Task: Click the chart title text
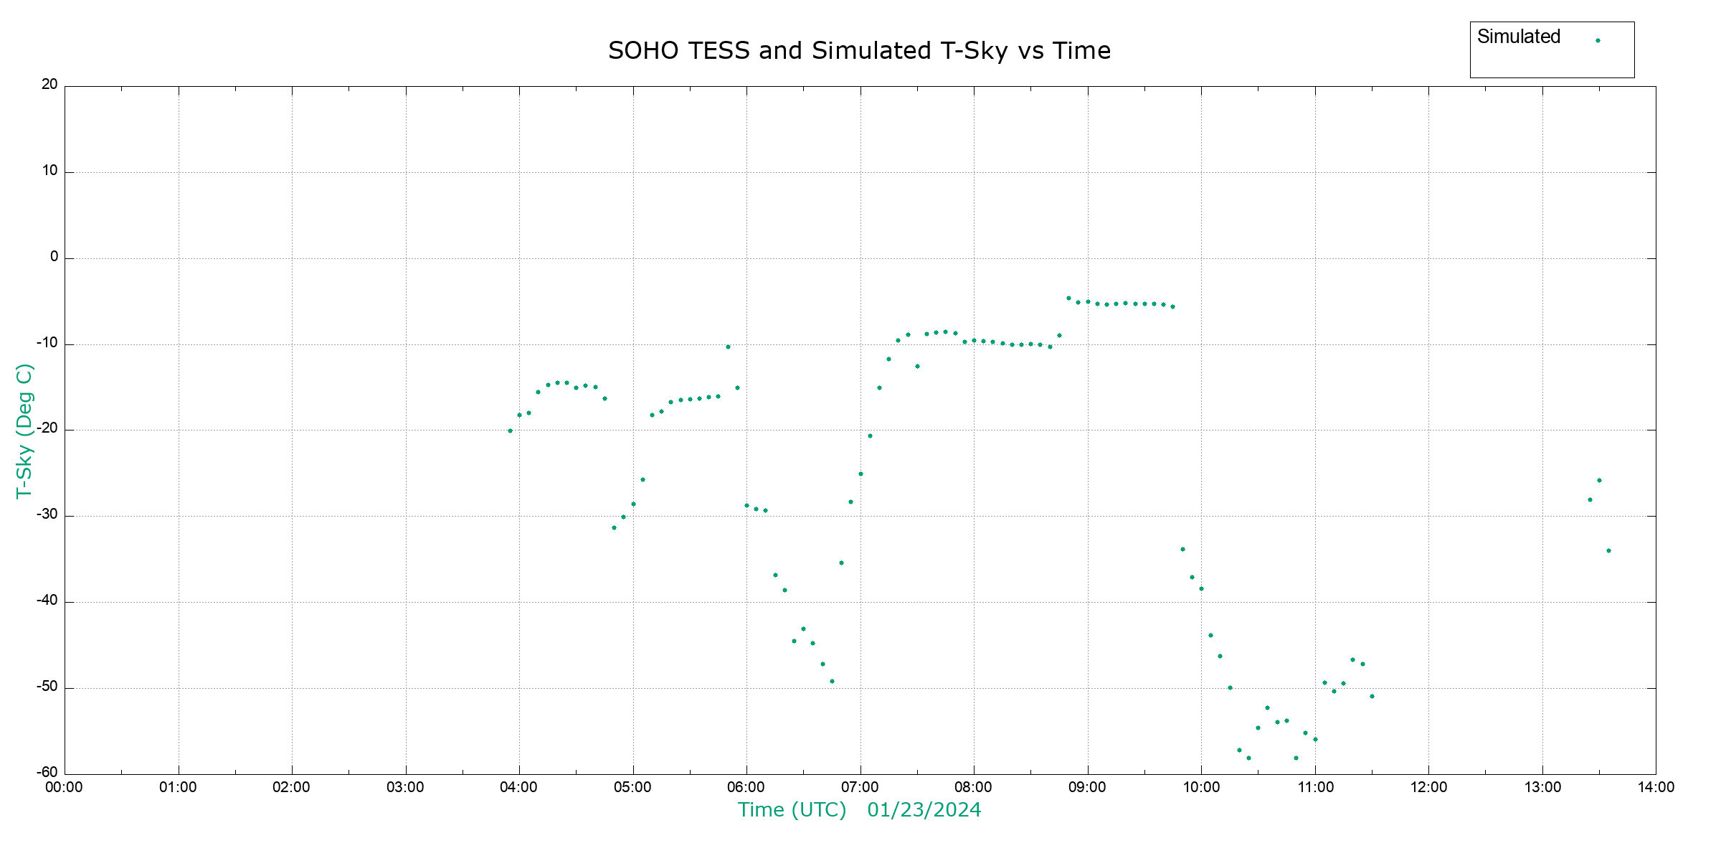pos(859,51)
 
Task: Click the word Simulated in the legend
pos(1518,37)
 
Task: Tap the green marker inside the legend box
pos(1598,41)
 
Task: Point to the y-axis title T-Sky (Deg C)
pos(24,430)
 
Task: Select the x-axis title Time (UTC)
pos(792,810)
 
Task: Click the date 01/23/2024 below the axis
pos(924,810)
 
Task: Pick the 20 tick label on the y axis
pos(49,85)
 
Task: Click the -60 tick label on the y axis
pos(47,773)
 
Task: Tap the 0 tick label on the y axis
pos(54,257)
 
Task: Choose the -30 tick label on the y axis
pos(47,514)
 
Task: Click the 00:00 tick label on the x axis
pos(65,788)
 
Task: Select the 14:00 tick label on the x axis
pos(1656,788)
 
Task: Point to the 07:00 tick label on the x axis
pos(860,788)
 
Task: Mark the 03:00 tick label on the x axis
pos(405,788)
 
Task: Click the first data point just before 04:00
pos(510,431)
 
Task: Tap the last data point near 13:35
pos(1608,551)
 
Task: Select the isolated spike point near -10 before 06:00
pos(728,347)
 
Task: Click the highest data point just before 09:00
pos(1068,298)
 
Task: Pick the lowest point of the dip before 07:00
pos(832,682)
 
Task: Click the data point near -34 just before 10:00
pos(1182,550)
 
